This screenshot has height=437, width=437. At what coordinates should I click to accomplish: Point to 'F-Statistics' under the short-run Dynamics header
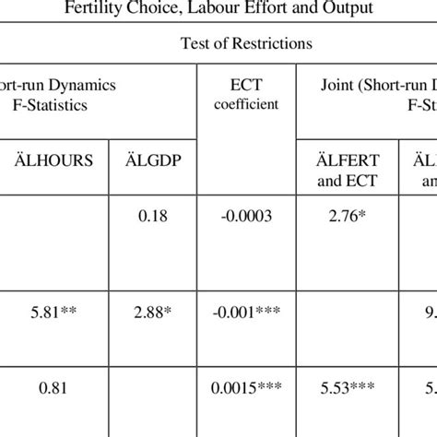(x=50, y=105)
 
